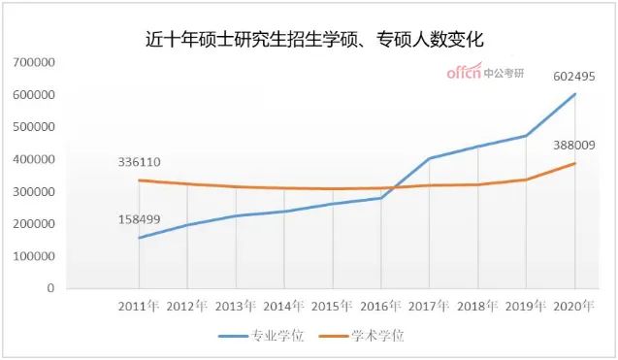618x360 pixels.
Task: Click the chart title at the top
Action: (309, 40)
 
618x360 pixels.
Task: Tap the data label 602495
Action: (573, 76)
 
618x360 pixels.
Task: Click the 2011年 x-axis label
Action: (139, 307)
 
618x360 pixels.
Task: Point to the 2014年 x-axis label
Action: (284, 307)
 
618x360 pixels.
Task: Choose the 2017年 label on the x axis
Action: (430, 307)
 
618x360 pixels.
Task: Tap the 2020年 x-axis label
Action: (575, 307)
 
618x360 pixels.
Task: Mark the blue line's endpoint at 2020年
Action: (575, 94)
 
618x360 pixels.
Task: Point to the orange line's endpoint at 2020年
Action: (575, 163)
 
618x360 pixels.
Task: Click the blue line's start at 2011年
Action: (139, 238)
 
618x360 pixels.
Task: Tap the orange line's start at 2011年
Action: (139, 180)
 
